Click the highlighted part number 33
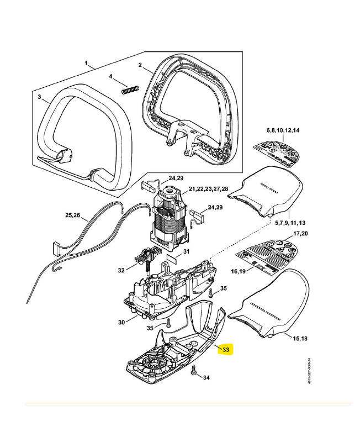[226, 350]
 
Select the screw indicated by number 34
[194, 371]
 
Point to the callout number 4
[110, 76]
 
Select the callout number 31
[186, 252]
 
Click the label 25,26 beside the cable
[73, 214]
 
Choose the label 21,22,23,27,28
[208, 189]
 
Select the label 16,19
[240, 272]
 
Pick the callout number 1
[87, 65]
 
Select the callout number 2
[140, 65]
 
